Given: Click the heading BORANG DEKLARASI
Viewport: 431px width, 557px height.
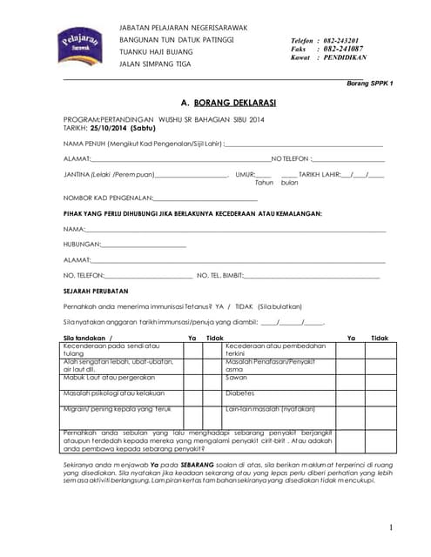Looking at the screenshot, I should tap(221, 102).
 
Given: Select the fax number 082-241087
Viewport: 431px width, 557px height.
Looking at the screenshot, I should tap(342, 50).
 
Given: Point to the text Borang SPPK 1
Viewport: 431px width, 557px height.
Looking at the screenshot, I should tap(370, 83).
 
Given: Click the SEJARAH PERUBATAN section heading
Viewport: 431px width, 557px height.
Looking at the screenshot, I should tap(96, 291).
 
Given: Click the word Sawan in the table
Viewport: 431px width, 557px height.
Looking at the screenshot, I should tap(235, 378).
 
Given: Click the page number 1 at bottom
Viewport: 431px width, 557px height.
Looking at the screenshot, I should tap(391, 527).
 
